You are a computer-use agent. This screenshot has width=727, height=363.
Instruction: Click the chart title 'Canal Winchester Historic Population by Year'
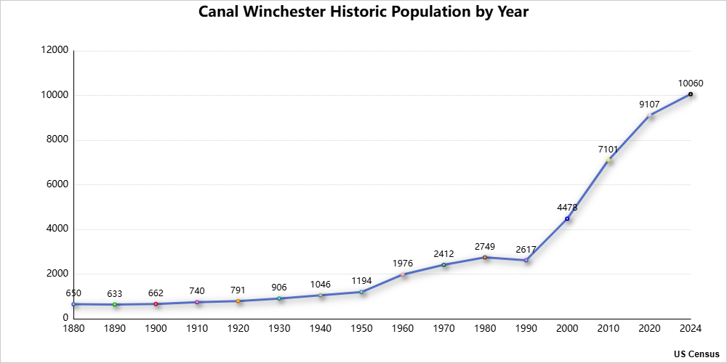(x=363, y=12)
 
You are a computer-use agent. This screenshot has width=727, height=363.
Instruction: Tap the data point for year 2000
(x=567, y=219)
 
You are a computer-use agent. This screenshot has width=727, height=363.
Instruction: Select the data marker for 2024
(x=691, y=94)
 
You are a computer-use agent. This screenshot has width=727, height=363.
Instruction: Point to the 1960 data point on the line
(x=403, y=274)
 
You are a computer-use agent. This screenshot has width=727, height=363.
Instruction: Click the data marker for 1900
(x=156, y=303)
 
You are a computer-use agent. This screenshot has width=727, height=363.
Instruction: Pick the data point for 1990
(x=526, y=260)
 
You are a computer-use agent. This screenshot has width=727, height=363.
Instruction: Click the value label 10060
(x=691, y=83)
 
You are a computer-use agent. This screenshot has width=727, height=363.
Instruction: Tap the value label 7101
(x=608, y=150)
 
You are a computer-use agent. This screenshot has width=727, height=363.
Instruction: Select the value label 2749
(x=485, y=245)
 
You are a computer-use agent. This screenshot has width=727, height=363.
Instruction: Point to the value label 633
(x=114, y=293)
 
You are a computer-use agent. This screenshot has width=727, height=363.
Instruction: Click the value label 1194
(x=361, y=280)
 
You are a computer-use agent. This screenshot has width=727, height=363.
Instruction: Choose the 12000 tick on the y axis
(x=56, y=51)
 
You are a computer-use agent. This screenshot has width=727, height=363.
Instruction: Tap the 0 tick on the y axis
(x=65, y=318)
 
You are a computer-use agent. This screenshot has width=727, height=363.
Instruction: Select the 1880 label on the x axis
(x=73, y=329)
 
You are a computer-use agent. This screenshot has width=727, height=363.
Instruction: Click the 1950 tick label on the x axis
(x=361, y=329)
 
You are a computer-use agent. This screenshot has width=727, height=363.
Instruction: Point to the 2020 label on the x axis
(x=649, y=329)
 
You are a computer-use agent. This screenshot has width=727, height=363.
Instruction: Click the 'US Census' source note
(x=696, y=354)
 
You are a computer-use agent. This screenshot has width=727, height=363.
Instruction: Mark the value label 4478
(x=567, y=207)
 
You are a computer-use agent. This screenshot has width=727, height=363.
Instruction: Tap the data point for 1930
(x=279, y=298)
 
